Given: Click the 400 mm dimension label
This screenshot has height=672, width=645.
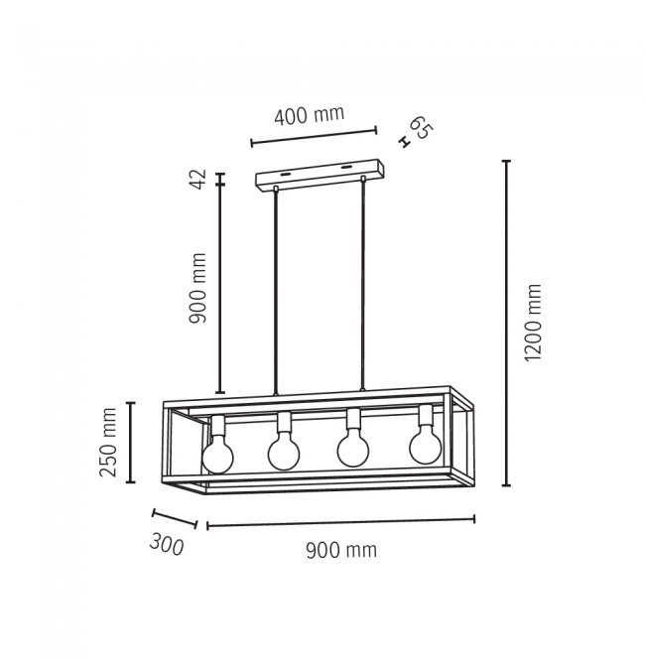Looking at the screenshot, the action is click(309, 115).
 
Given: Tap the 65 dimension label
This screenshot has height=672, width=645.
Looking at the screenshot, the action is click(421, 128).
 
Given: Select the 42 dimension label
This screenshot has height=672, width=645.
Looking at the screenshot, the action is click(198, 179).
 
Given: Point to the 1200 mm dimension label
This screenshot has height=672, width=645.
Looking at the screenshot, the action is click(533, 323).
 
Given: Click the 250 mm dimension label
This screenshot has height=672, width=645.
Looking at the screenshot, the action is click(107, 443).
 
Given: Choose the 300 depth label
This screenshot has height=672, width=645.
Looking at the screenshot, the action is click(167, 545).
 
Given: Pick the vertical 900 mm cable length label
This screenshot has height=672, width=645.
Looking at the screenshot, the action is click(197, 288).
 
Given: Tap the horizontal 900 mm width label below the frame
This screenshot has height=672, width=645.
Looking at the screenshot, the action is click(341, 550).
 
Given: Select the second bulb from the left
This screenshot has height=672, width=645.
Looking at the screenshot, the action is click(284, 452).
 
